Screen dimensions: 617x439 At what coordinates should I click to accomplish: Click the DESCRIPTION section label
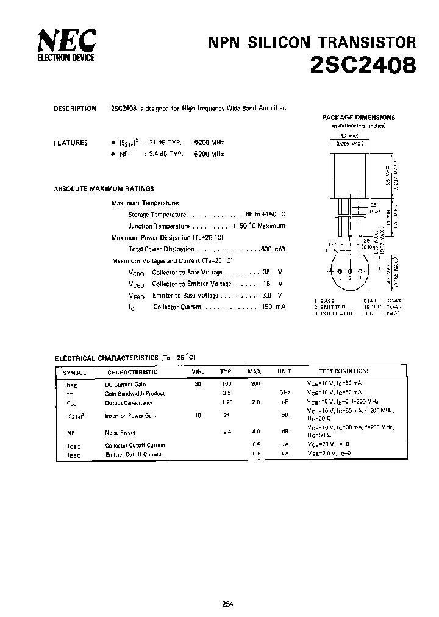click(x=74, y=109)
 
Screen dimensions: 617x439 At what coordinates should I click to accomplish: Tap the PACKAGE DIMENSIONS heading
click(x=358, y=117)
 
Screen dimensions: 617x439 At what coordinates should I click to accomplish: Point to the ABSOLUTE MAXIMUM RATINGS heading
click(x=104, y=189)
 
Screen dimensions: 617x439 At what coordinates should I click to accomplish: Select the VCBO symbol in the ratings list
click(x=136, y=273)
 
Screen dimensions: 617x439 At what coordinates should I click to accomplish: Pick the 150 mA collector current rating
click(x=273, y=307)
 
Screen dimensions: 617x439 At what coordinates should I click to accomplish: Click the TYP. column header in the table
click(x=226, y=371)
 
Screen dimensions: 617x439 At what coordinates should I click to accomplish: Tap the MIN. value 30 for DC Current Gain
click(x=197, y=384)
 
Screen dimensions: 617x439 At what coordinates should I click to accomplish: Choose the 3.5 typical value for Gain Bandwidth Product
click(x=226, y=393)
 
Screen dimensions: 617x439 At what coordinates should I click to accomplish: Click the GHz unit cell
click(x=284, y=393)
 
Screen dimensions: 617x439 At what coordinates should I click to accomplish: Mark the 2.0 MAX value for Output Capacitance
click(x=255, y=403)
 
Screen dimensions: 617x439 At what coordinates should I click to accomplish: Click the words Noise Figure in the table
click(x=120, y=432)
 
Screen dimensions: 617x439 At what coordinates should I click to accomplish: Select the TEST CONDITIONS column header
click(x=344, y=371)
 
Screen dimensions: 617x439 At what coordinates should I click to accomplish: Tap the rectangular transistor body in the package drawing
click(x=351, y=170)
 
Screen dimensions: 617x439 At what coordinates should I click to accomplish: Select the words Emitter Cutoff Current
click(x=133, y=454)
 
